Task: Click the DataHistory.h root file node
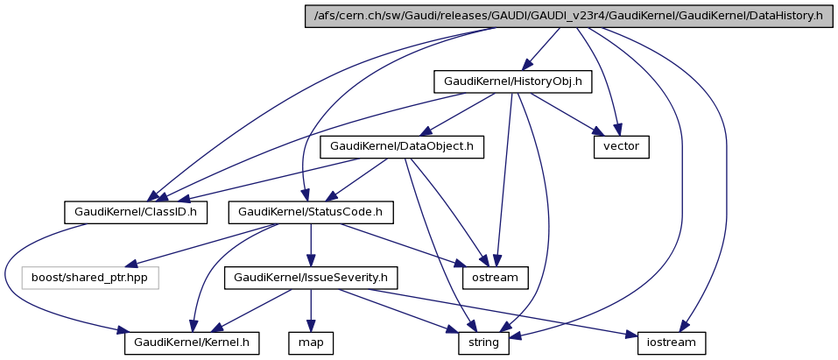pos(566,16)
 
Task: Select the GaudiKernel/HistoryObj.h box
pos(512,82)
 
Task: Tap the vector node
pos(622,146)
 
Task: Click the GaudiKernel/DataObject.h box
pos(402,146)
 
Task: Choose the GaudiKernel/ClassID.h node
pos(136,211)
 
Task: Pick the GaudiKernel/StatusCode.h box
pos(310,211)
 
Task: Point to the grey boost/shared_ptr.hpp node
pos(90,278)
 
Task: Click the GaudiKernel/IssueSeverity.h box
pos(312,278)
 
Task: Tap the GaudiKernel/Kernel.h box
pos(193,342)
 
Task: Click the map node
pos(312,342)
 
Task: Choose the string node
pos(482,342)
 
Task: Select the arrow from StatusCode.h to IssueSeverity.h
pos(311,244)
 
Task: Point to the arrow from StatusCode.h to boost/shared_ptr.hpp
pos(201,244)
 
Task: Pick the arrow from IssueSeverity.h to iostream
pos(490,310)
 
